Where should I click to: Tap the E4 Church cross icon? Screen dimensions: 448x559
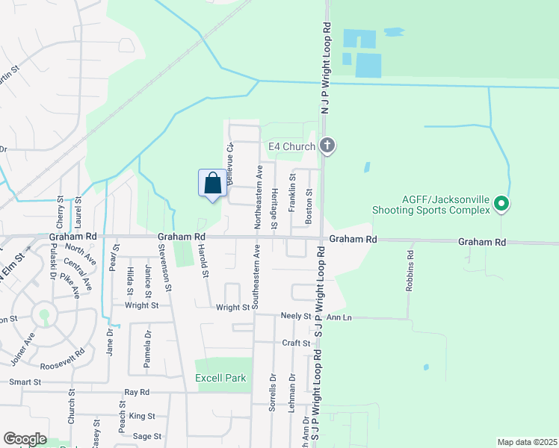[x=327, y=146]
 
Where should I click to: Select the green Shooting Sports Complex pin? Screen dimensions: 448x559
[x=502, y=202]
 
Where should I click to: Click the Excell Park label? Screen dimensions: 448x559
[x=220, y=379]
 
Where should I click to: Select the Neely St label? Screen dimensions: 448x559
[x=295, y=317]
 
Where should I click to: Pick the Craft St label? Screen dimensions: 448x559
[x=296, y=343]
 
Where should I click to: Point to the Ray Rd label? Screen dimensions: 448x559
[x=137, y=392]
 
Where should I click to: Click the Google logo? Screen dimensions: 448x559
[x=25, y=439]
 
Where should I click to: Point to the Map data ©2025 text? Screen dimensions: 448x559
[x=527, y=442]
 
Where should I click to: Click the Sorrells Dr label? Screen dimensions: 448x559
[x=273, y=393]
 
